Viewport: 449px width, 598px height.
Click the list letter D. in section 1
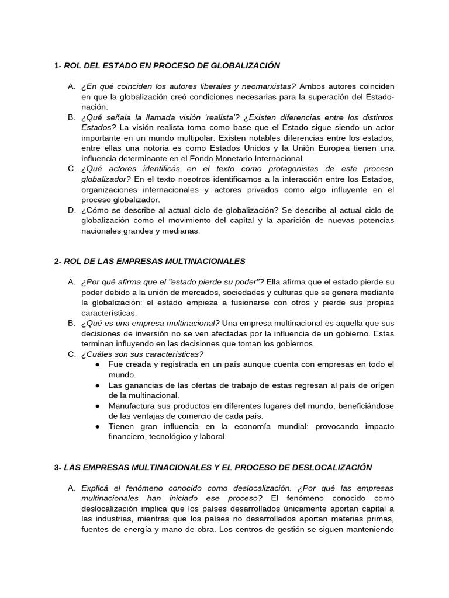(x=71, y=210)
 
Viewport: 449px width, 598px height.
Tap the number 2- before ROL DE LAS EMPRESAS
(x=58, y=260)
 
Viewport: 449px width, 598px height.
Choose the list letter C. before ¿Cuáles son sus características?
(x=71, y=354)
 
